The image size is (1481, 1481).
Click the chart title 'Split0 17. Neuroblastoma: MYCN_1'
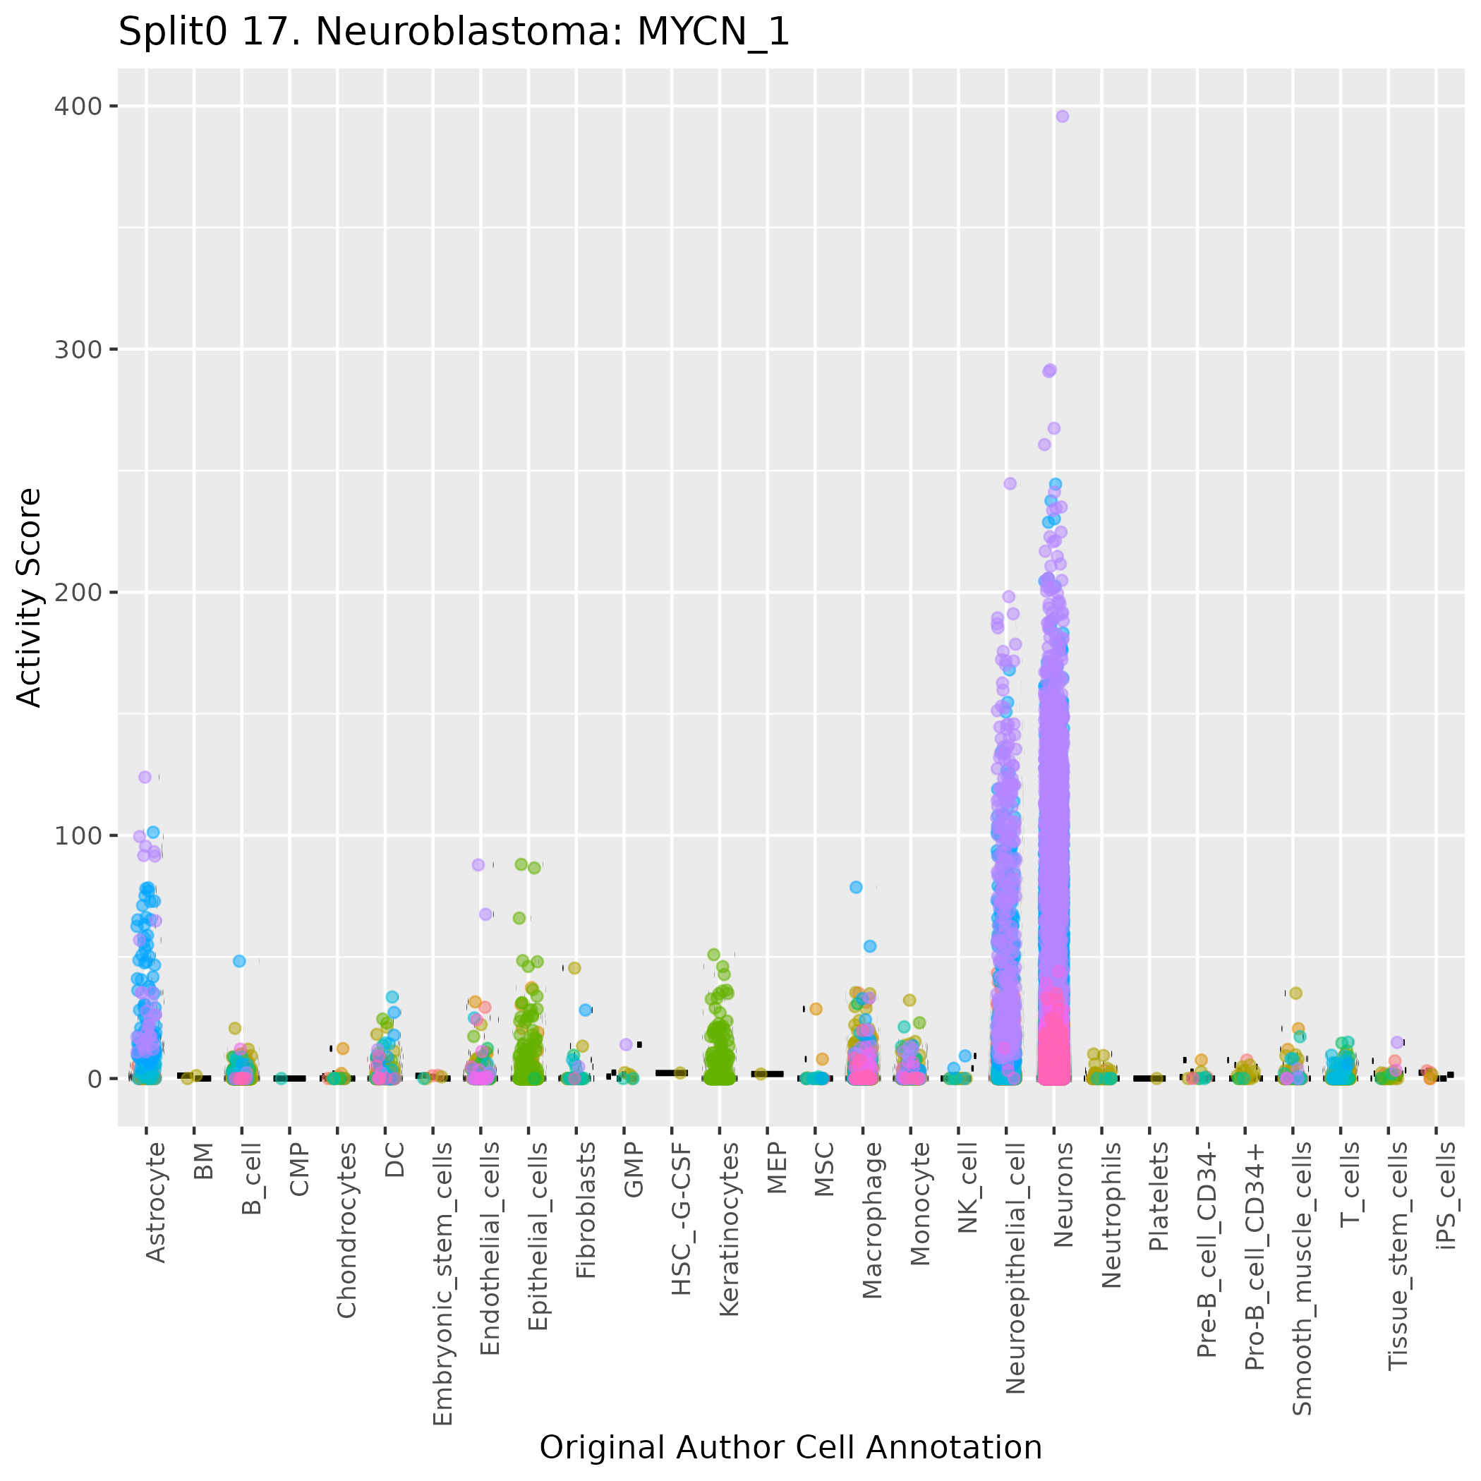pos(453,33)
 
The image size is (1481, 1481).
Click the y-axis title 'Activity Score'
pos(29,597)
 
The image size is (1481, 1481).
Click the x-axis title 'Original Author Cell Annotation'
pos(790,1447)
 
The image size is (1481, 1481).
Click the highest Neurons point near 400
pos(1063,116)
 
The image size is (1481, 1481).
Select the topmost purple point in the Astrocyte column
pos(145,778)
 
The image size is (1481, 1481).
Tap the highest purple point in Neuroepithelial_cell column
pos(1010,484)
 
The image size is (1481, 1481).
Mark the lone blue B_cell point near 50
pos(239,961)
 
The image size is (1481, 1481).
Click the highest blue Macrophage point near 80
pos(857,887)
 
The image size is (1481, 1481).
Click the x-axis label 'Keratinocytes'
pos(729,1229)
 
